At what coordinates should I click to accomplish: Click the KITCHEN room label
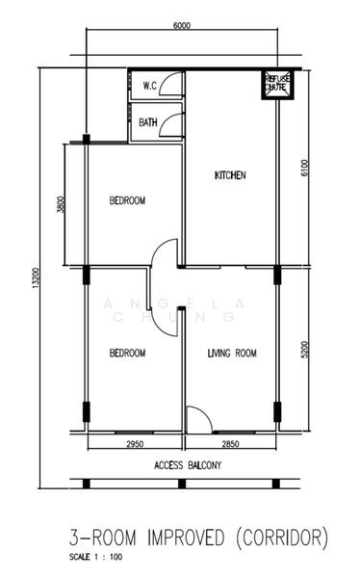[229, 175]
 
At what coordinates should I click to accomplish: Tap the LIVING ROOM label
[232, 354]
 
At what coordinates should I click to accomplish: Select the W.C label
[149, 86]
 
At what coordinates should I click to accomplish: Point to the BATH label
[148, 122]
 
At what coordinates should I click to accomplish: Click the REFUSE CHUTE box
[277, 85]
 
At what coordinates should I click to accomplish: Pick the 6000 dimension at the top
[182, 26]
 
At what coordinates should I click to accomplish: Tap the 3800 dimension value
[61, 205]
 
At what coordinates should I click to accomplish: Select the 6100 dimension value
[305, 170]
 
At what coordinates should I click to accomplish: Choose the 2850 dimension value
[230, 445]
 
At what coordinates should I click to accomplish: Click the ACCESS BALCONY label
[188, 465]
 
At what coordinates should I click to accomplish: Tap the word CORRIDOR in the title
[280, 536]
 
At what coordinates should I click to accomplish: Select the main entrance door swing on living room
[197, 419]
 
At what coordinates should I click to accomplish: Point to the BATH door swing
[171, 122]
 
